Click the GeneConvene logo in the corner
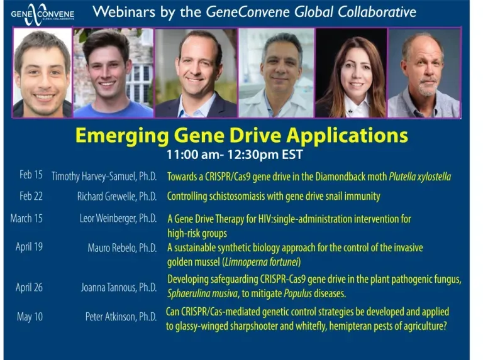43,14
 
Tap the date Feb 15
31,175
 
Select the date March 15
26,219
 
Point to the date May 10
30,317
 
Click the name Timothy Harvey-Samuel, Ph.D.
104,177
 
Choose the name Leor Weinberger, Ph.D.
118,219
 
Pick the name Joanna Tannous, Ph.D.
119,287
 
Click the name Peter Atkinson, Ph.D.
121,317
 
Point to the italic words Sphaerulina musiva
203,293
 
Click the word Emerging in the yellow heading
122,136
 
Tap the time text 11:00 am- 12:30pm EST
235,155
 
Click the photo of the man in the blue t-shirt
113,73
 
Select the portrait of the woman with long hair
351,73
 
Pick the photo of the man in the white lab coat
276,73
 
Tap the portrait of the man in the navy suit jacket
196,73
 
